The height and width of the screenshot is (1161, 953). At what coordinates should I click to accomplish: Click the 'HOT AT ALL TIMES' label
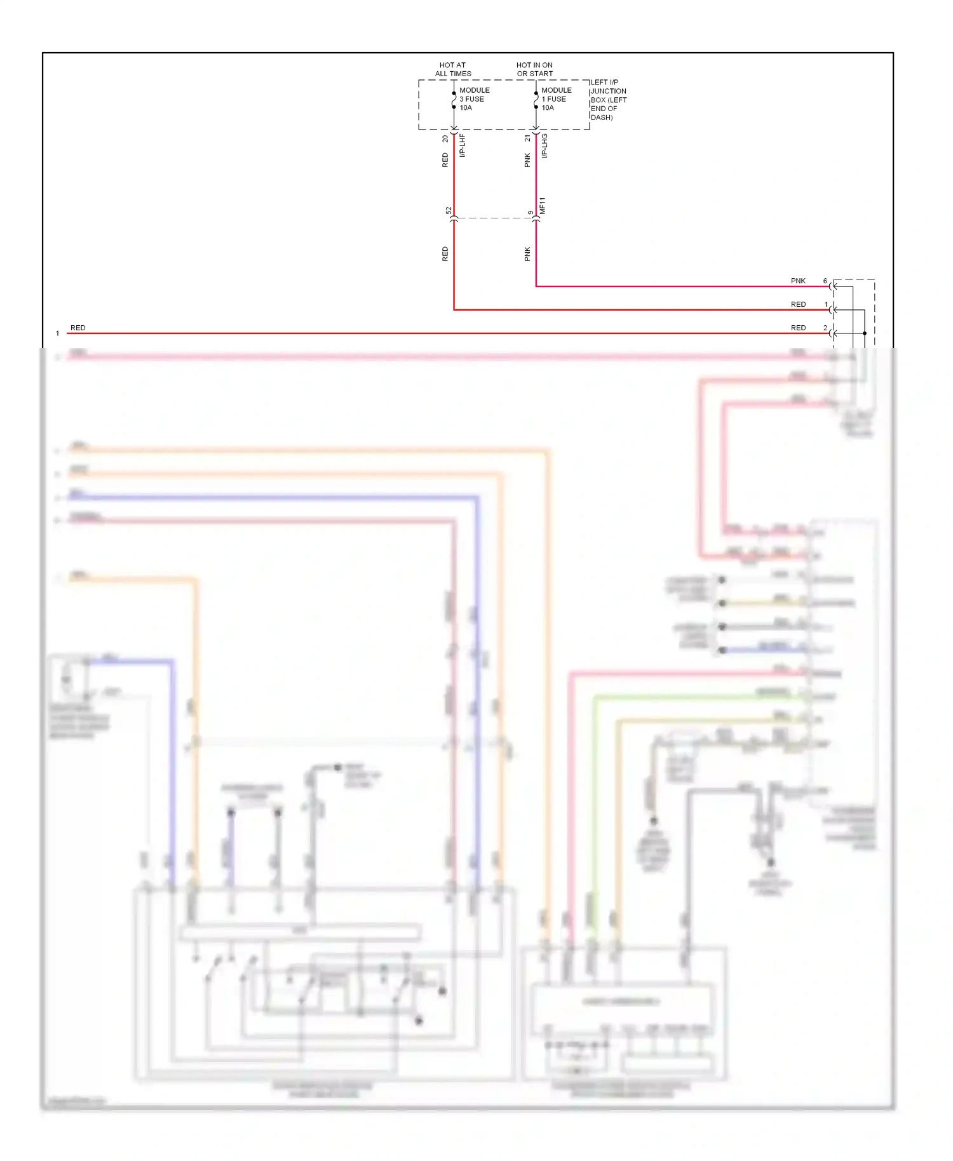point(452,69)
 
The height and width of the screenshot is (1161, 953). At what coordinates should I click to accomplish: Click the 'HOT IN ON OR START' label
point(534,69)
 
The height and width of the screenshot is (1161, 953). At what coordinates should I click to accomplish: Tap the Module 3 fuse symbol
point(454,100)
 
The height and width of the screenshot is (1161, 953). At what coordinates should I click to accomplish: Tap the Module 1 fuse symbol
point(536,100)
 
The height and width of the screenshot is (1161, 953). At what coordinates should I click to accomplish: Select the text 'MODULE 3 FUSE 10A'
point(474,99)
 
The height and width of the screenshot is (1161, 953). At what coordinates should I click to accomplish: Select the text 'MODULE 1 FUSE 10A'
point(556,99)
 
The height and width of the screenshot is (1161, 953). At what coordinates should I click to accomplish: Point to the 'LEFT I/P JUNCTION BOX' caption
point(608,100)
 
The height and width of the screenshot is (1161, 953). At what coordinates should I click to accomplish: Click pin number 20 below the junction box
point(445,138)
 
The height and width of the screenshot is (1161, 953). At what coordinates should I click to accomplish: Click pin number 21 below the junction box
point(527,138)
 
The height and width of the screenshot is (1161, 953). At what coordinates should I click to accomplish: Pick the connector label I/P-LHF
point(463,145)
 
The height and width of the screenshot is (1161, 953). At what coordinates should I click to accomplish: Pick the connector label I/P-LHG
point(544,145)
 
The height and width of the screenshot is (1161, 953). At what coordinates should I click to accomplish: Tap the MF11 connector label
point(543,205)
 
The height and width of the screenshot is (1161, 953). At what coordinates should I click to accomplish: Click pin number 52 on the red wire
point(449,210)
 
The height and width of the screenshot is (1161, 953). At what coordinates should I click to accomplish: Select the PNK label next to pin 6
point(798,281)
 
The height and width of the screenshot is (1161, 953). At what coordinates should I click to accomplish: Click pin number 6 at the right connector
point(825,281)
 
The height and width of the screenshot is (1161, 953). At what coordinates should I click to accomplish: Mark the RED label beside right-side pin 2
point(798,328)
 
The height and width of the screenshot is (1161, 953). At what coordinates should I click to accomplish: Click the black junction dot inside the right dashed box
point(865,333)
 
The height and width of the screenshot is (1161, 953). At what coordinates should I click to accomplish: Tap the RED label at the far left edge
point(78,328)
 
